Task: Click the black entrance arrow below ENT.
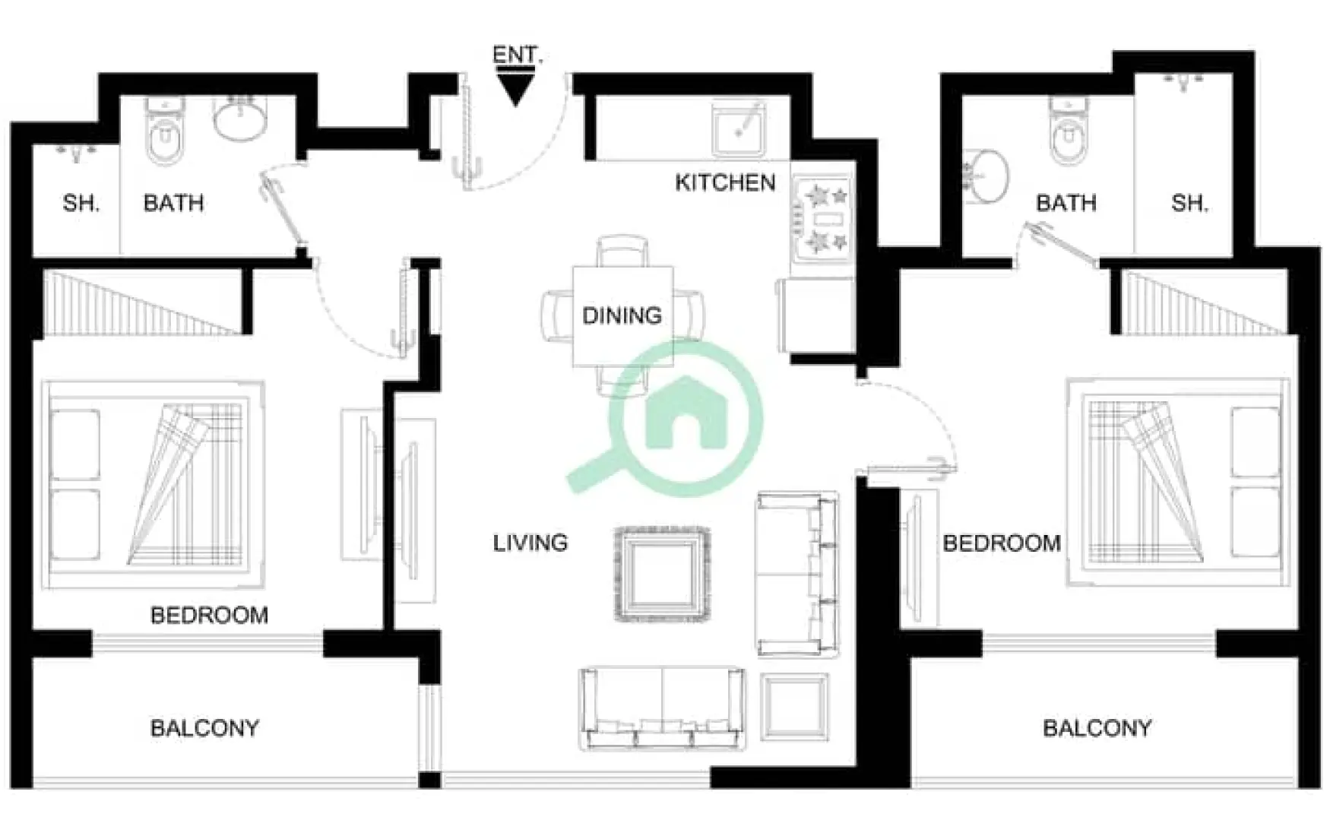516,87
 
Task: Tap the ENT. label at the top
517,55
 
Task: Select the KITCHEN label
725,183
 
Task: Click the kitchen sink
739,129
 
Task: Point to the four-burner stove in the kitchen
824,220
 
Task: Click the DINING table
622,315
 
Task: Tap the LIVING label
530,543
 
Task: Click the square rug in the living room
662,575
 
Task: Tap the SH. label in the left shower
81,204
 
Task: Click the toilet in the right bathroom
1066,133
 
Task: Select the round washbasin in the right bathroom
987,176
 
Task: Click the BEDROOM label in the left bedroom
209,615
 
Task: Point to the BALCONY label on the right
1097,729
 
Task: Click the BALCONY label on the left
204,729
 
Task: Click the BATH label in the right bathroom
1066,204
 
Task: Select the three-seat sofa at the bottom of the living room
662,708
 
